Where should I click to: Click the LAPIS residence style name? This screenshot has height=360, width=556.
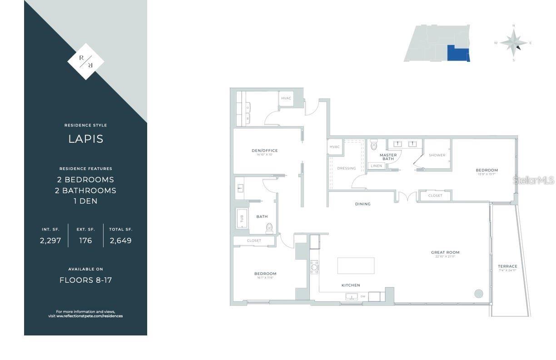(85, 139)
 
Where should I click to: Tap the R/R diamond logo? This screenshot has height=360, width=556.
(85, 61)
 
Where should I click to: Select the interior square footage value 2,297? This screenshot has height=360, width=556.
(50, 241)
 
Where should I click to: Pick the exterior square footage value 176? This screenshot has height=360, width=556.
(85, 241)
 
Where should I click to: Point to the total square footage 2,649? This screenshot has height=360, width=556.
(120, 241)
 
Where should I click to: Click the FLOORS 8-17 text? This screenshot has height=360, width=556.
(85, 280)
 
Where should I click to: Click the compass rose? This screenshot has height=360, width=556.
(513, 43)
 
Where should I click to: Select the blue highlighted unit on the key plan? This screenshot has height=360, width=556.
(457, 53)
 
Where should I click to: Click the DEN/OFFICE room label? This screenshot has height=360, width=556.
(264, 150)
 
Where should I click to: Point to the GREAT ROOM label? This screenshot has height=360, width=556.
(445, 252)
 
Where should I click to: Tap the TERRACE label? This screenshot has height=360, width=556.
(507, 266)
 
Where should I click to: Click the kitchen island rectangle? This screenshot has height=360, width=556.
(356, 265)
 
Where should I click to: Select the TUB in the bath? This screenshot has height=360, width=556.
(241, 218)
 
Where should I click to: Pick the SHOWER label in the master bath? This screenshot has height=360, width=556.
(437, 155)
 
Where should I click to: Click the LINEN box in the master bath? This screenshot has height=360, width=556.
(377, 166)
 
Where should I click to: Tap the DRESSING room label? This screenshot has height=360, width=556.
(347, 168)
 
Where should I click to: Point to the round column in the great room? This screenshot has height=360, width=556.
(478, 294)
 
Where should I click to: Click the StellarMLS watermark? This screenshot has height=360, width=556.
(534, 180)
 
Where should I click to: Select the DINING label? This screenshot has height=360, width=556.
(362, 204)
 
